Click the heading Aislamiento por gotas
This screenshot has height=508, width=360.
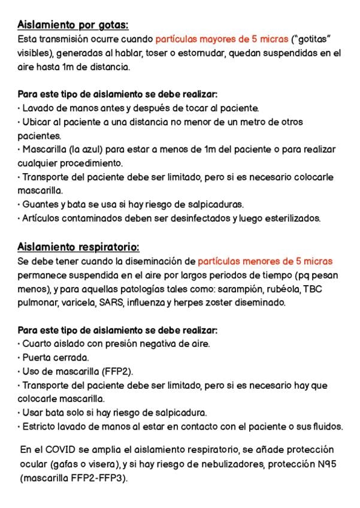[x=73, y=25]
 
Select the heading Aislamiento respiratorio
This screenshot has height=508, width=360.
[x=78, y=247]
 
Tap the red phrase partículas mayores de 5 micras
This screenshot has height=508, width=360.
[x=222, y=40]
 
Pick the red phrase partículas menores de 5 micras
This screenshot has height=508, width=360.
[x=265, y=261]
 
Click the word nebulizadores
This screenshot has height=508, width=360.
[x=228, y=464]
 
